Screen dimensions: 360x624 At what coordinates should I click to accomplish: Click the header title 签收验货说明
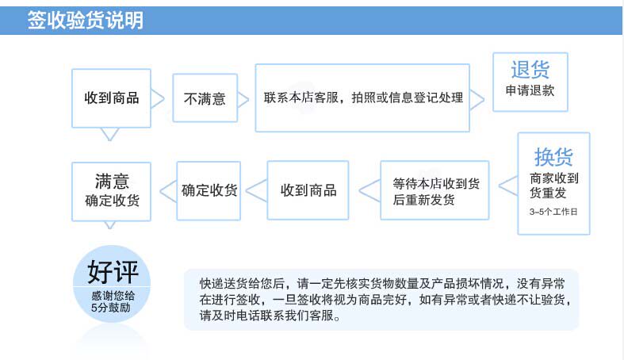tap(85, 21)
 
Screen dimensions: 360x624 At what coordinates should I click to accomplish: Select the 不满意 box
tap(205, 99)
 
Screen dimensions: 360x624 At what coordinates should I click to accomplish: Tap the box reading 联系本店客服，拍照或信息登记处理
tap(363, 98)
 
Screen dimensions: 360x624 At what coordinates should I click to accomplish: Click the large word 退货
tap(530, 69)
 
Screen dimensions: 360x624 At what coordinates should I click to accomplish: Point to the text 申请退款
tap(530, 90)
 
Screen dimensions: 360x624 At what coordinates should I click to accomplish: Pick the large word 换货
tap(553, 156)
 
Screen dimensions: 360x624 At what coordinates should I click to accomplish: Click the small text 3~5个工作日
tap(553, 212)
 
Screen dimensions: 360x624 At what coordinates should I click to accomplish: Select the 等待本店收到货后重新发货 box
tap(435, 191)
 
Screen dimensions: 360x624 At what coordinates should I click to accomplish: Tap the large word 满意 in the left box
tap(112, 180)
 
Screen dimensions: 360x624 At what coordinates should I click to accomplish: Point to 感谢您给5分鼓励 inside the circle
tap(113, 301)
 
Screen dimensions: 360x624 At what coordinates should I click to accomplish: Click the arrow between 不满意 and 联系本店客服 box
tap(246, 99)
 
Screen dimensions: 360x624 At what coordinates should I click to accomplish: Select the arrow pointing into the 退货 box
tap(477, 99)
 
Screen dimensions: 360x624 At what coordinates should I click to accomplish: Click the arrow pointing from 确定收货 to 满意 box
tap(167, 190)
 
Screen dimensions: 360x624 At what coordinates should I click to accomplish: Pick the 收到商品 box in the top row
tap(112, 98)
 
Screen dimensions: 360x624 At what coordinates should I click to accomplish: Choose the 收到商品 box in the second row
tap(308, 190)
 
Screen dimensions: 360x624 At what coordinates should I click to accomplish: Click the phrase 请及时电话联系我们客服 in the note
tap(270, 317)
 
